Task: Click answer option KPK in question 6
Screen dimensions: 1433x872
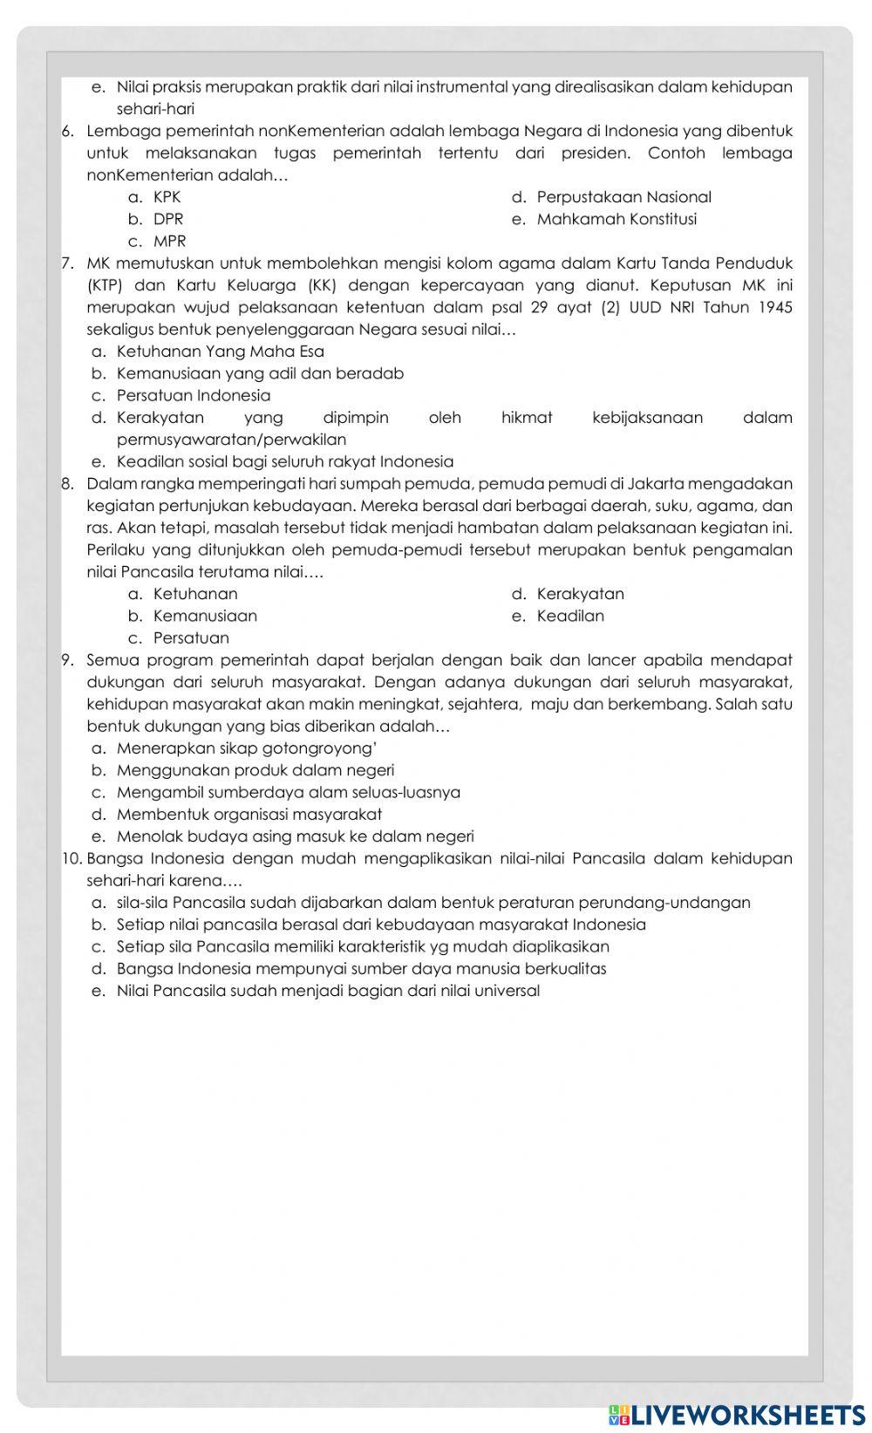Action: pos(167,197)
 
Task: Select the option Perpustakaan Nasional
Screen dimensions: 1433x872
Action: pos(623,197)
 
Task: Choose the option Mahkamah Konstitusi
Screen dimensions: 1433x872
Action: pos(617,219)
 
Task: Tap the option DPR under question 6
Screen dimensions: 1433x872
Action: pos(168,219)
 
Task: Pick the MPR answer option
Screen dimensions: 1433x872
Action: pos(169,241)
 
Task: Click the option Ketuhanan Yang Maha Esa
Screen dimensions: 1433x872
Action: pos(220,351)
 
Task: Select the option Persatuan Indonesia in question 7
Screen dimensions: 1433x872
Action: pos(194,395)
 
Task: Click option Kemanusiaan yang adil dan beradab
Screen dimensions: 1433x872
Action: pos(260,373)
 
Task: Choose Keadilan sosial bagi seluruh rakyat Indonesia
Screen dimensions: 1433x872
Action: pos(285,461)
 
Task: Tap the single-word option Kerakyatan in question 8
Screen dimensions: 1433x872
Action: pos(580,594)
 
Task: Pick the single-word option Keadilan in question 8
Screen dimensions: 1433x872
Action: pos(570,616)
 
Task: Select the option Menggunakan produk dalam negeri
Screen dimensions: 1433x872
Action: pos(255,770)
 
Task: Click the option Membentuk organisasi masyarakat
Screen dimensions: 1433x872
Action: pos(249,815)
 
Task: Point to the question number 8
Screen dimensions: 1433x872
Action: pos(67,484)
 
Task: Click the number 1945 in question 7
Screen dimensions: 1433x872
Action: pos(774,307)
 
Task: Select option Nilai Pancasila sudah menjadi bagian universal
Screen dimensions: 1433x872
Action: pos(328,991)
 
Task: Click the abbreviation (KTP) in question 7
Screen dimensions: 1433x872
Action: pos(105,285)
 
